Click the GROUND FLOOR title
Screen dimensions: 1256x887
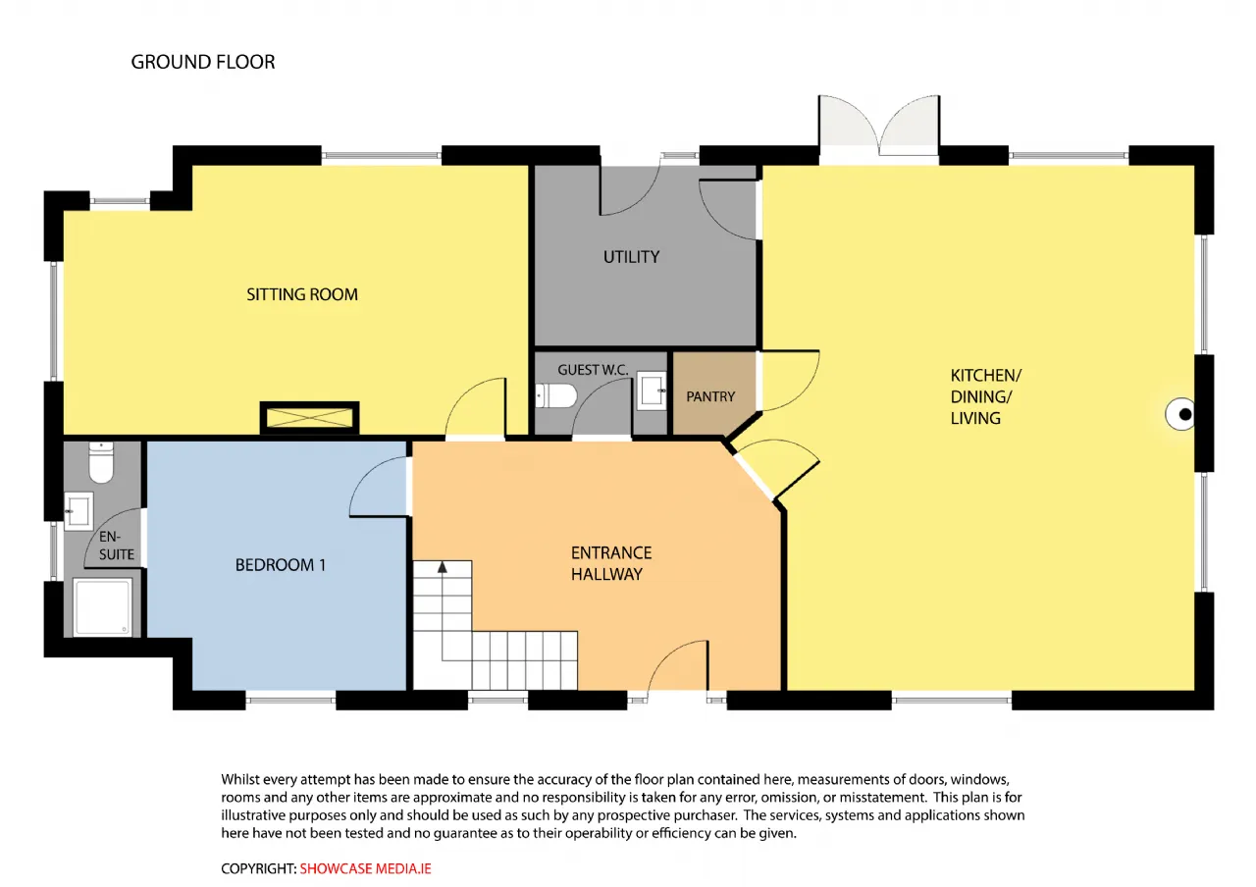coord(203,62)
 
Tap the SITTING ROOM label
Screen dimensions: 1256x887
coord(302,294)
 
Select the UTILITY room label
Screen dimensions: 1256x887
coord(631,257)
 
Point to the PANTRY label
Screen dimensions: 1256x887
coord(710,396)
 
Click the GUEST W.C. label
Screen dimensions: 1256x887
coord(593,370)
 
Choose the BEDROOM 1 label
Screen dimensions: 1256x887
coord(281,564)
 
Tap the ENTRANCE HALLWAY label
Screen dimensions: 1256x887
coord(611,563)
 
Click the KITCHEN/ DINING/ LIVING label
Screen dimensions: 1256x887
coord(986,396)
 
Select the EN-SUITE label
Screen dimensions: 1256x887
coord(117,546)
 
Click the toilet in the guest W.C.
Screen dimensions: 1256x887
coord(556,395)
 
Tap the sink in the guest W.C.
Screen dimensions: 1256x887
coord(653,391)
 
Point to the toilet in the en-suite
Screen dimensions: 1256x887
coord(101,462)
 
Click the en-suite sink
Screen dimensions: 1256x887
coord(78,511)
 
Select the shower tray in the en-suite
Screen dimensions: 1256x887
coord(103,607)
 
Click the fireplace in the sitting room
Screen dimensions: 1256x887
coord(309,418)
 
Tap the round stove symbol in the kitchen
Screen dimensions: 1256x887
coord(1179,414)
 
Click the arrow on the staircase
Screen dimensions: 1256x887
coord(443,567)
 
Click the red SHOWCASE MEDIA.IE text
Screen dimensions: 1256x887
coord(366,868)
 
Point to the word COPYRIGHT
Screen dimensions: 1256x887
coord(258,868)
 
